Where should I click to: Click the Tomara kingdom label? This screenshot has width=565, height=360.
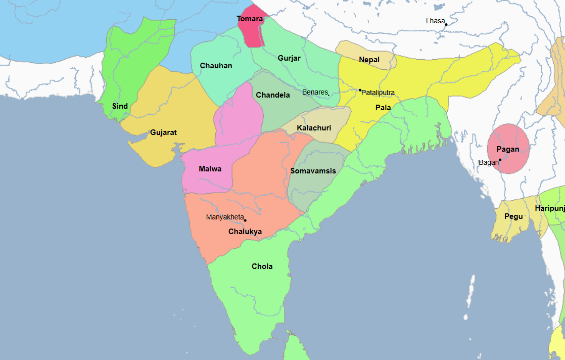point(250,19)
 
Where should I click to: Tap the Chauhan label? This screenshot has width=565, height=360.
point(216,66)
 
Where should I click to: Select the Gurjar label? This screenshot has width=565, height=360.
point(289,58)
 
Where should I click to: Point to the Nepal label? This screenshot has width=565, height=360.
point(369,60)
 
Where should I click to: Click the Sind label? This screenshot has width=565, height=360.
point(120,106)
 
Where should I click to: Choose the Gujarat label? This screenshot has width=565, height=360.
point(163,132)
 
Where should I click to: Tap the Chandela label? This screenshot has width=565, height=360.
point(273,95)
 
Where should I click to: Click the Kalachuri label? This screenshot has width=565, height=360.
point(314,128)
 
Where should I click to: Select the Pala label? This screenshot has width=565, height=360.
point(383,108)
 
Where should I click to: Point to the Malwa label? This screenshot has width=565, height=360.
point(210,169)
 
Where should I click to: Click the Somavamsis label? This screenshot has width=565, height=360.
point(313,171)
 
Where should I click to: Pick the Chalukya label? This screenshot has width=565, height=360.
point(245,232)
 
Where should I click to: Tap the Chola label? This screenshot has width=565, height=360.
point(262,266)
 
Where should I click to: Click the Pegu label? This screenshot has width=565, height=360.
point(513,216)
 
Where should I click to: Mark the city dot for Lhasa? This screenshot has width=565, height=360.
point(446,24)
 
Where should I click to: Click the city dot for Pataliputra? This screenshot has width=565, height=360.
point(360,90)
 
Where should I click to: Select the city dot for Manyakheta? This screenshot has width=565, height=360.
point(245,220)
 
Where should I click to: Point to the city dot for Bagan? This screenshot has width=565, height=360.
point(500,160)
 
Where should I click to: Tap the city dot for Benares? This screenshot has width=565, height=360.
point(328,94)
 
